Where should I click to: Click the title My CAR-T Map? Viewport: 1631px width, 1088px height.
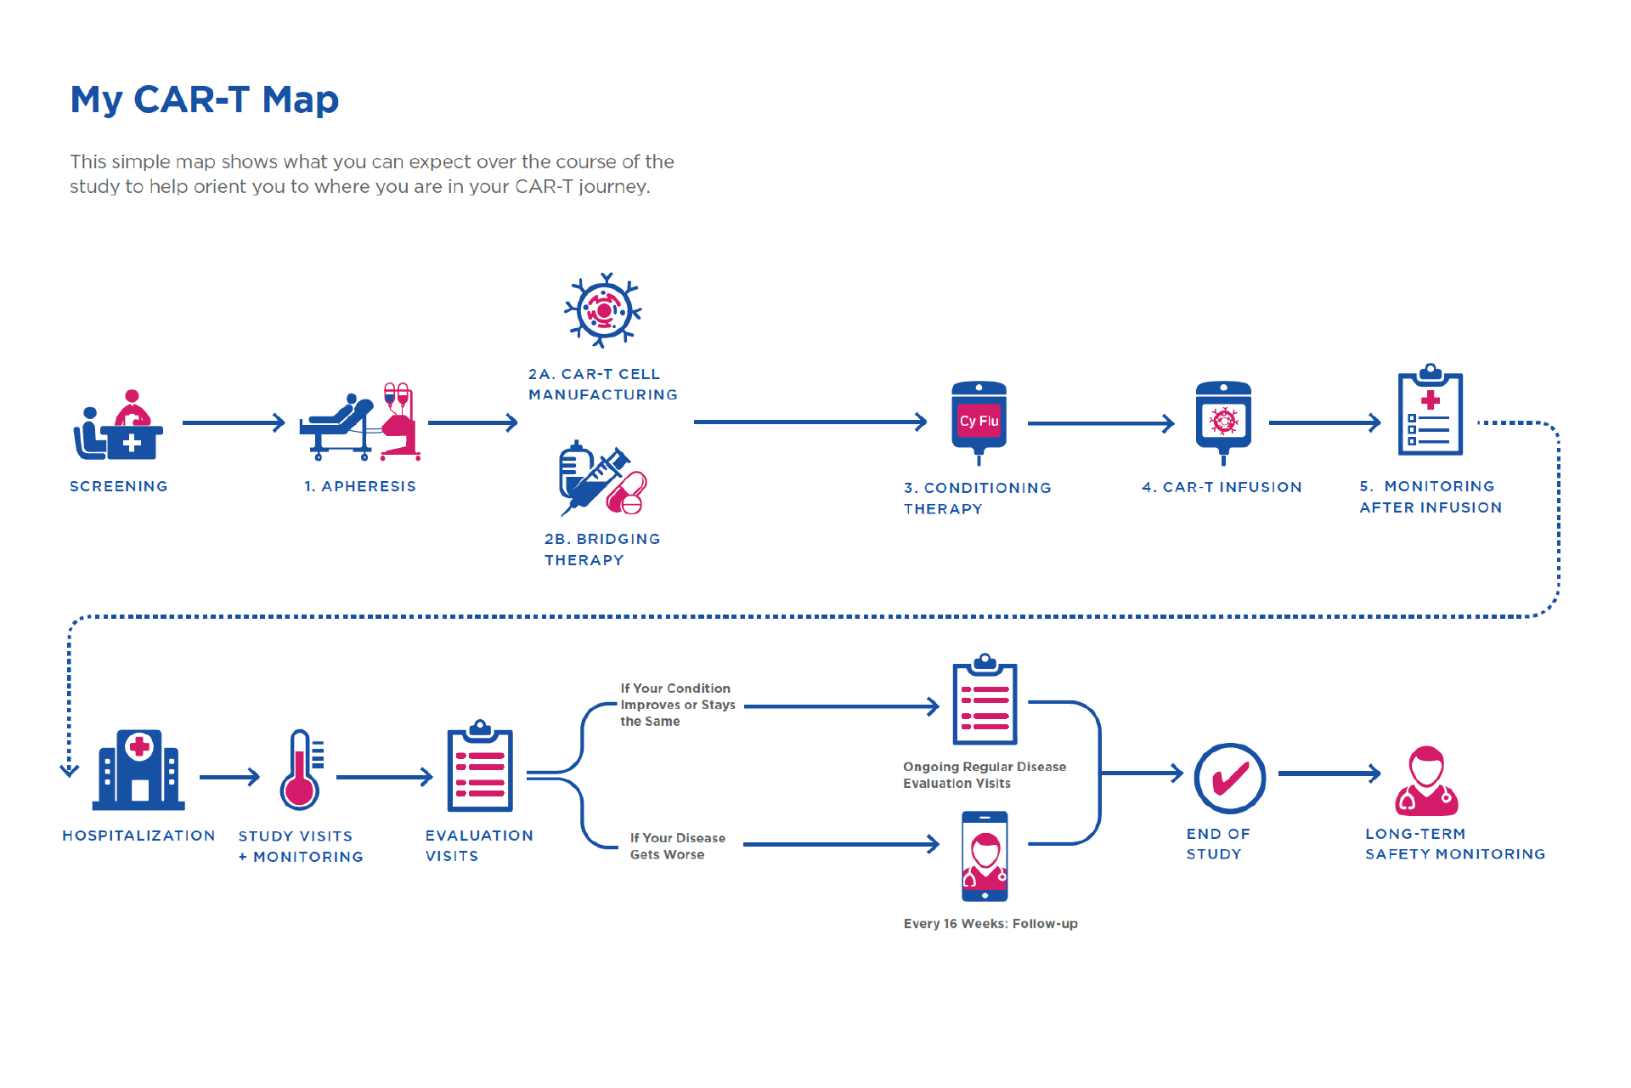204,99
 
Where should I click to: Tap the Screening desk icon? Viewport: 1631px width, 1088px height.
118,426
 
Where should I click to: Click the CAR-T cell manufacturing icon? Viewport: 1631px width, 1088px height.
603,310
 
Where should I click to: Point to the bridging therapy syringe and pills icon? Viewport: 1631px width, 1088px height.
602,479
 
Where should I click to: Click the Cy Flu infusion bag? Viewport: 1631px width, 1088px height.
979,421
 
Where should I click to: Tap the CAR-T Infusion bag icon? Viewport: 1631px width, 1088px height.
1223,421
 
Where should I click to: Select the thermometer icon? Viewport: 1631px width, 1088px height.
301,769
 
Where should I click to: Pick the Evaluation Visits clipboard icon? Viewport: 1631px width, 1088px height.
480,767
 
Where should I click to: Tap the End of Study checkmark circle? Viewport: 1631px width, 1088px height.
1229,778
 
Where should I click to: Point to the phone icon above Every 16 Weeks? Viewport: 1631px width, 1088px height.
985,856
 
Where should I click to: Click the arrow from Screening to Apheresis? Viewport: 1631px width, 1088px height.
234,422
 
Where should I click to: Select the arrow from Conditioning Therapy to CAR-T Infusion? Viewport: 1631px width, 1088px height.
1101,422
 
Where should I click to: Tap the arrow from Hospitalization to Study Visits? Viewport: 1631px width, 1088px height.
229,777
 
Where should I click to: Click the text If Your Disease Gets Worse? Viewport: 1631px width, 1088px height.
677,846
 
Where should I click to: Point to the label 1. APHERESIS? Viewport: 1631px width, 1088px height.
360,486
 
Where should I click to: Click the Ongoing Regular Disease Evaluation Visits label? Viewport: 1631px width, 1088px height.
984,774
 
